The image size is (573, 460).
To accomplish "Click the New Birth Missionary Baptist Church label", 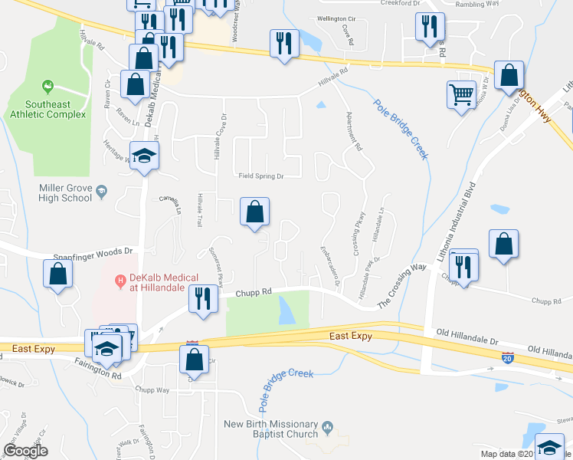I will [x=270, y=429].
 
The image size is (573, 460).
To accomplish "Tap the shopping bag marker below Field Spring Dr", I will [x=255, y=212].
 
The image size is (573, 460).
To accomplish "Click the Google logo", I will [x=25, y=451].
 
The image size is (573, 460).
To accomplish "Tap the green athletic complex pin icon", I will [x=48, y=85].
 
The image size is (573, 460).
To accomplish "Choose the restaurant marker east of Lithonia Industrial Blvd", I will [x=463, y=264].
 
